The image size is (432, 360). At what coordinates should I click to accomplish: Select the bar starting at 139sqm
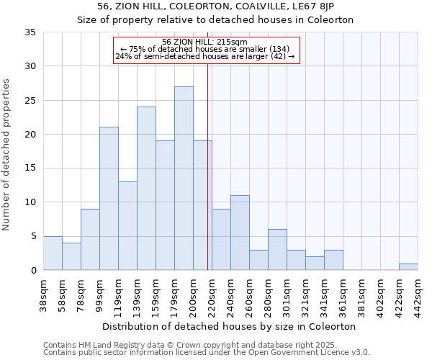(146, 189)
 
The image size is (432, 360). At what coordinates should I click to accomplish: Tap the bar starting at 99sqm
(109, 199)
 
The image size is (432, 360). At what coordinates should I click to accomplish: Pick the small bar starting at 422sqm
(408, 267)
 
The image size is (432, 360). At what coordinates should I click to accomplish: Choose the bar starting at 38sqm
(53, 253)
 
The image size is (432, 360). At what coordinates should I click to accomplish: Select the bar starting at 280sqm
(277, 250)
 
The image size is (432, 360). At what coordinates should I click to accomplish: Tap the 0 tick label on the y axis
(33, 271)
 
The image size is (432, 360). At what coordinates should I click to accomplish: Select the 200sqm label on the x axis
(193, 295)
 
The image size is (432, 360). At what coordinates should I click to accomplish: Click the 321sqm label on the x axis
(305, 295)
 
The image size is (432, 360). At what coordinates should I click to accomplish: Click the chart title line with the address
(215, 6)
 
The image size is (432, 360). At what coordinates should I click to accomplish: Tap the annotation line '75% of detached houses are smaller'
(205, 48)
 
